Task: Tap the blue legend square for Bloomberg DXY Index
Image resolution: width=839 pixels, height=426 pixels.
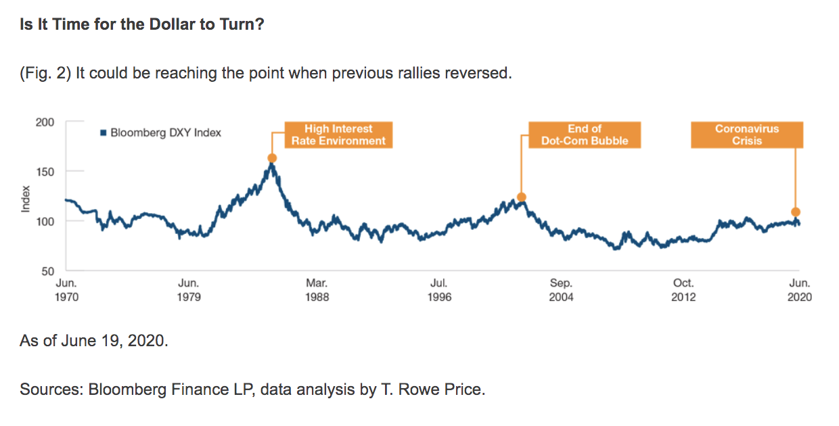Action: pyautogui.click(x=104, y=133)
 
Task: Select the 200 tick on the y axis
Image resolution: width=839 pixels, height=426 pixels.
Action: pyautogui.click(x=46, y=122)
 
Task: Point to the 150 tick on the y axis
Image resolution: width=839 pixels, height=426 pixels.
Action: pyautogui.click(x=46, y=172)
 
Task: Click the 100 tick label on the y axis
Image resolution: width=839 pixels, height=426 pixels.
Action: pyautogui.click(x=46, y=222)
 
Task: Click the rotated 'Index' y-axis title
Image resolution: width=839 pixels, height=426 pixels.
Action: pyautogui.click(x=26, y=197)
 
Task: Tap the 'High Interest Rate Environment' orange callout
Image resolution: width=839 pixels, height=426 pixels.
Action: pyautogui.click(x=338, y=135)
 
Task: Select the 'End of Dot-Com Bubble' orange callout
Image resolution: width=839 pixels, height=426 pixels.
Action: pyautogui.click(x=585, y=135)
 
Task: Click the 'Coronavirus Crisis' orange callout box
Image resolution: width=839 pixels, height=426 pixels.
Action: pyautogui.click(x=747, y=135)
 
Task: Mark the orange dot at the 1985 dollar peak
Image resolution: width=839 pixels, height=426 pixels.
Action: pyautogui.click(x=272, y=158)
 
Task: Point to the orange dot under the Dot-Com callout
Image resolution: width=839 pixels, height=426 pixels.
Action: pyautogui.click(x=521, y=197)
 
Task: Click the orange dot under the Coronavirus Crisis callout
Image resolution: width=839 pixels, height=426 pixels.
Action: pyautogui.click(x=796, y=212)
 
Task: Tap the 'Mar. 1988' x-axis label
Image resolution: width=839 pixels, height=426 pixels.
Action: pyautogui.click(x=317, y=290)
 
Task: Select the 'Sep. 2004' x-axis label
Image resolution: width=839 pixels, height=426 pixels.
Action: pyautogui.click(x=561, y=290)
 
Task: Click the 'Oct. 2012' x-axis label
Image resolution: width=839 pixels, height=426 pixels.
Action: pyautogui.click(x=683, y=290)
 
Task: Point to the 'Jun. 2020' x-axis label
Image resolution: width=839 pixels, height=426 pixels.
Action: pyautogui.click(x=800, y=290)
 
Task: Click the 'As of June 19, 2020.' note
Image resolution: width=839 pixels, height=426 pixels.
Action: pyautogui.click(x=94, y=341)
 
